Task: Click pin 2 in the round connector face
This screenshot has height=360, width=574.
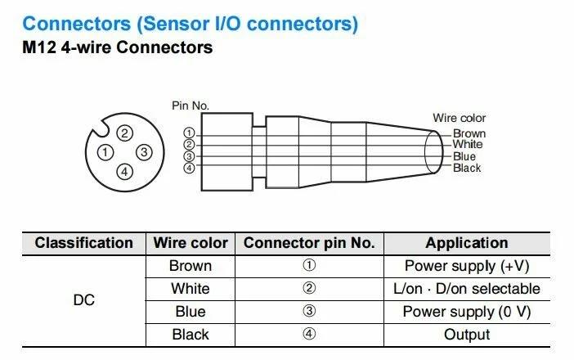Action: [124, 133]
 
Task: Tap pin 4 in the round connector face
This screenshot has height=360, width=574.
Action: [124, 171]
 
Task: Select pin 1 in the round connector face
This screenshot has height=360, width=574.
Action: [105, 152]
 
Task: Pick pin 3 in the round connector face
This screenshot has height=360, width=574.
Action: [143, 152]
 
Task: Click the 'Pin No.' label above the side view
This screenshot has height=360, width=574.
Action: [191, 106]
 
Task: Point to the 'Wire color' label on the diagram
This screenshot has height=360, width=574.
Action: [460, 119]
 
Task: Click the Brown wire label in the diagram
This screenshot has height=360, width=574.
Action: [469, 133]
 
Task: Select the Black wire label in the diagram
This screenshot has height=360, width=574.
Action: [467, 168]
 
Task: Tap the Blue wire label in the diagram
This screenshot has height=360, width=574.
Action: [464, 156]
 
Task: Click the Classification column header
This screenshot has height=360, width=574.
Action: [83, 243]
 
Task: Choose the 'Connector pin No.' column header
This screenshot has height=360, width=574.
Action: [309, 243]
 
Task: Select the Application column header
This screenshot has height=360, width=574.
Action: [466, 243]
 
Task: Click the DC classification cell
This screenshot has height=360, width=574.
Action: [83, 300]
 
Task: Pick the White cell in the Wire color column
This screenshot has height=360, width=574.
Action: [190, 289]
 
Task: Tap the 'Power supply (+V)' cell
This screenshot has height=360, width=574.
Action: [466, 266]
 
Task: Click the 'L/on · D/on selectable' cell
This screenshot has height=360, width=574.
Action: [466, 289]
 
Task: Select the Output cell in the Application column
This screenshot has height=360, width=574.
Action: [466, 335]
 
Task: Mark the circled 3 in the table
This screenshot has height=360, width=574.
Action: [309, 312]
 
